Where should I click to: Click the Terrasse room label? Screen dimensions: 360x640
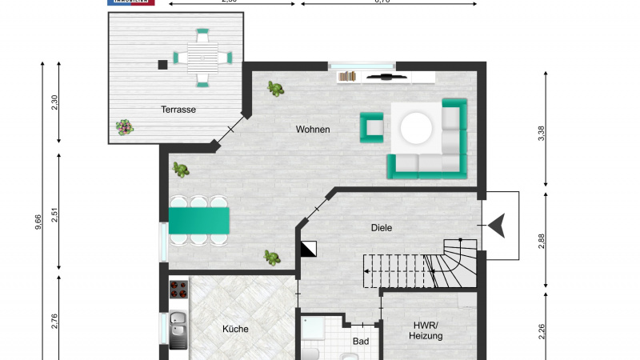coord(178,110)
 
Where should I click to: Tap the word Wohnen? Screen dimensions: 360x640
coord(313,130)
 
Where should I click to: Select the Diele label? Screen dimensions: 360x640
coord(382,228)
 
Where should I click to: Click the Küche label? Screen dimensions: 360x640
coord(234,329)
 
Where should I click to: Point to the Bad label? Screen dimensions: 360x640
coord(360,342)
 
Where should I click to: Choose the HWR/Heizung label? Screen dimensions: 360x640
coord(428,331)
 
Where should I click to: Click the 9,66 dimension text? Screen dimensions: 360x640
coord(38,222)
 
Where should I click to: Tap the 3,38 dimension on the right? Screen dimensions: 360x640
coord(542,133)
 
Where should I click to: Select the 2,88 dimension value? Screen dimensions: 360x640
coord(542,241)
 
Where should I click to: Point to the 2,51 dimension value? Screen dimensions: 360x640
coord(54,217)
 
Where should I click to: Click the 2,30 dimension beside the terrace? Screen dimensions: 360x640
coord(54,103)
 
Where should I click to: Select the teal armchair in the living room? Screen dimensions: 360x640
coord(372,126)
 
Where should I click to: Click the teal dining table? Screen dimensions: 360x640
coord(199,220)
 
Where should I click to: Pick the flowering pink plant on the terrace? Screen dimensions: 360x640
coord(124,126)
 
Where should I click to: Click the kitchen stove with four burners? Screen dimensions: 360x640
coord(178,289)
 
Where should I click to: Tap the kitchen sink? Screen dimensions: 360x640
coord(178,329)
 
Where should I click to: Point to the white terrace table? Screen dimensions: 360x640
coord(202,58)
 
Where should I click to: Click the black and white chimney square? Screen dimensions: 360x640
coord(309,250)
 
